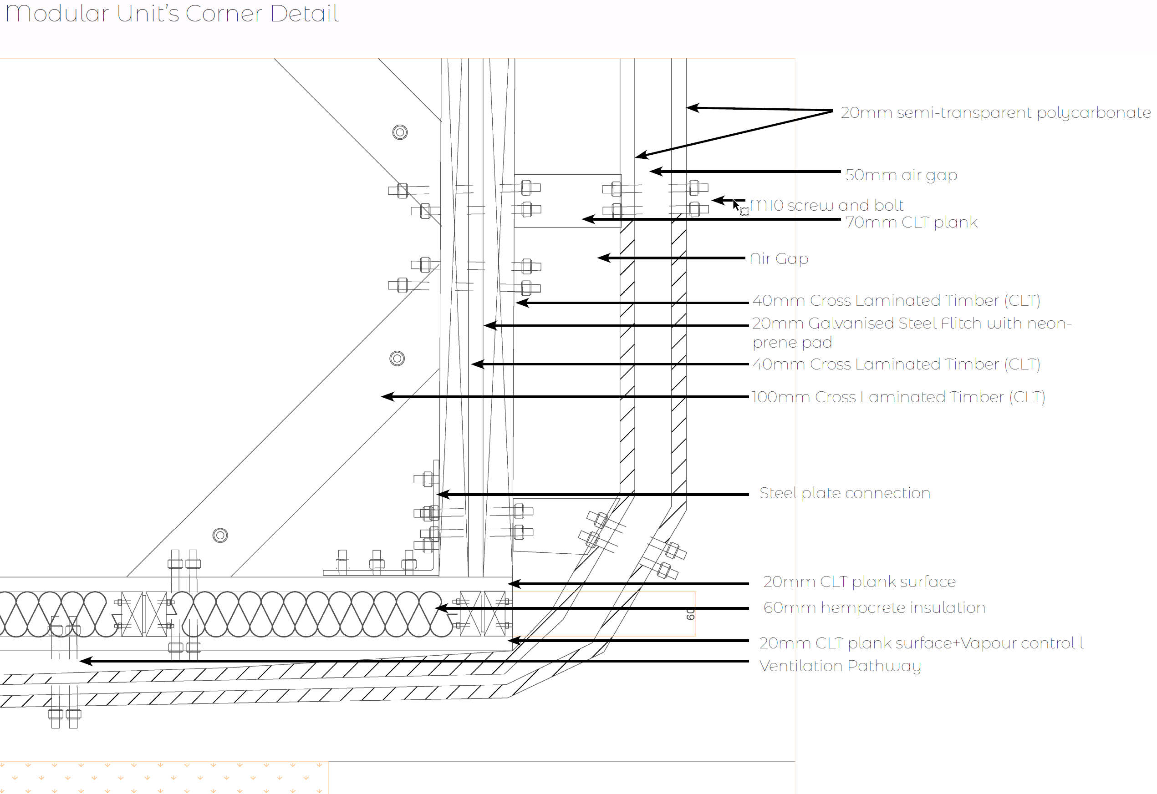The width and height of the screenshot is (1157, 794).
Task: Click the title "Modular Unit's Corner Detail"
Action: pos(172,14)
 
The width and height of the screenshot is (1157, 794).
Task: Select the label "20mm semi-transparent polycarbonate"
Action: pos(996,113)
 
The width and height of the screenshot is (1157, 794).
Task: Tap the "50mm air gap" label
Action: pos(901,175)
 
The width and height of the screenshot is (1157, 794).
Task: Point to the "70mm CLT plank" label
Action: pos(912,223)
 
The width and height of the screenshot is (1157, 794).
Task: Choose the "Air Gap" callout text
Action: pos(779,259)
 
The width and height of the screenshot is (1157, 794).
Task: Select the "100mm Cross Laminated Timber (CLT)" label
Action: pos(898,397)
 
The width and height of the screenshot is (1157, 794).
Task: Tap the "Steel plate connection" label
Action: pos(845,493)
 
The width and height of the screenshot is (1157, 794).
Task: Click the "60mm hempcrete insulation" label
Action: pos(874,607)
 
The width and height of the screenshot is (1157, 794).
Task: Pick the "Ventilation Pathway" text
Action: pos(841,666)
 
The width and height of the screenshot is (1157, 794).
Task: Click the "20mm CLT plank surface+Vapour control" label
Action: pos(922,643)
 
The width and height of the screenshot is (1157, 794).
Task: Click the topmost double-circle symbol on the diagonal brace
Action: pos(400,132)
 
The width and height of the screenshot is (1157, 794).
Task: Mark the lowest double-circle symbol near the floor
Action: pos(220,535)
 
